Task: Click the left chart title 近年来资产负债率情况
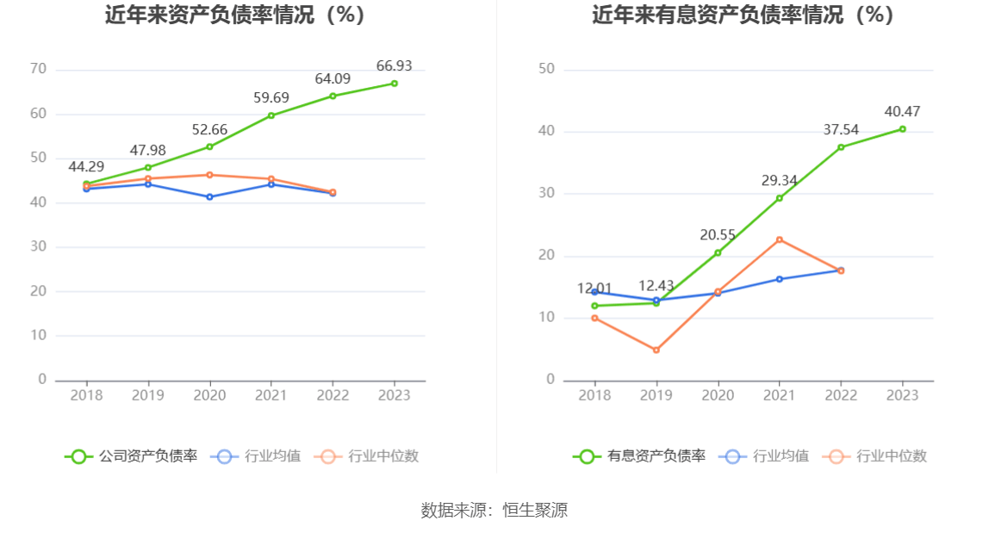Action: click(235, 15)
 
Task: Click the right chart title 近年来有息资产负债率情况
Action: click(743, 15)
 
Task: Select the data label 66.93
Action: click(394, 65)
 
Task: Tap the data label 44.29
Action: click(86, 166)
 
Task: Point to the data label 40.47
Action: click(902, 111)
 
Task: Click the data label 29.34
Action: click(779, 180)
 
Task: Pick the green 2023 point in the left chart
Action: click(394, 84)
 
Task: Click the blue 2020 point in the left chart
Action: click(209, 197)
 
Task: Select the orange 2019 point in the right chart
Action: click(656, 350)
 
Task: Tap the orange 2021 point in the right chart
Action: click(779, 239)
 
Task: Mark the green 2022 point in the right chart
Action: click(841, 147)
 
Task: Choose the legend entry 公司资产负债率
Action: click(131, 456)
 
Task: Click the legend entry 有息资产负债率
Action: click(639, 456)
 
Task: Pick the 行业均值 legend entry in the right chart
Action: click(768, 456)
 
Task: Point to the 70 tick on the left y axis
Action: click(38, 69)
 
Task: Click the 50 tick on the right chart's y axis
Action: click(546, 69)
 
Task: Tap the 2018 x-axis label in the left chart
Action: click(86, 395)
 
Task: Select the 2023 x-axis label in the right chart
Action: click(902, 395)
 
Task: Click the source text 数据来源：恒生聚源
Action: click(494, 510)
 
